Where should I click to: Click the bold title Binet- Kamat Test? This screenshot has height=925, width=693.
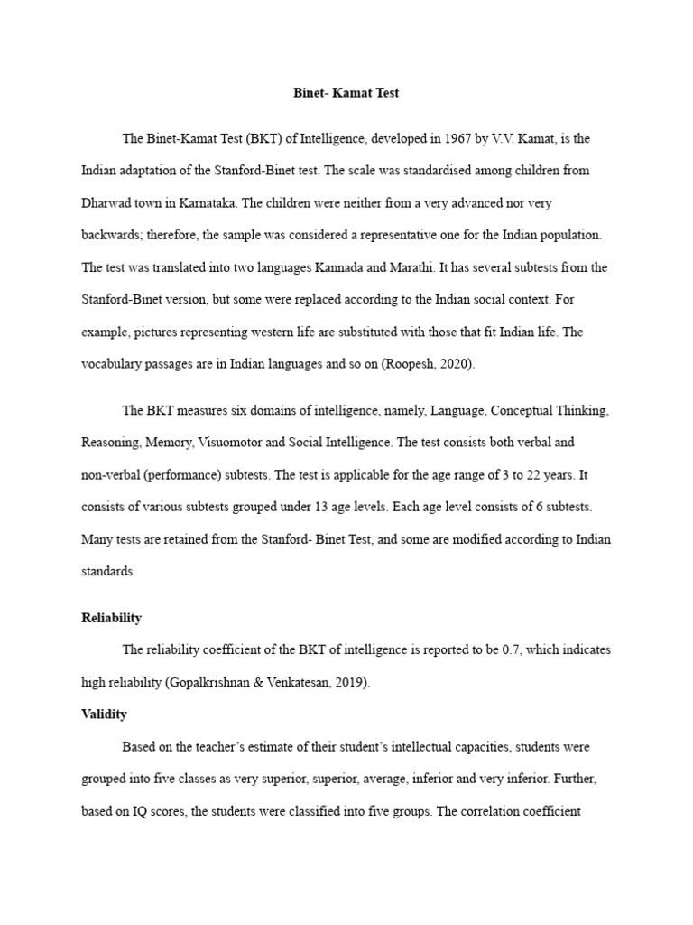346,92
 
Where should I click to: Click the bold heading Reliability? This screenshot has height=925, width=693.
112,618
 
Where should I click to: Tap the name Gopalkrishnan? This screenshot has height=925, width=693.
213,682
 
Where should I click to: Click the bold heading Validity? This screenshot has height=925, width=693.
105,714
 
